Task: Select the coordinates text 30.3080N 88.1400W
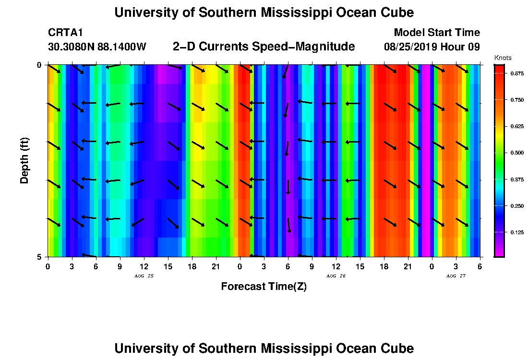coord(97,47)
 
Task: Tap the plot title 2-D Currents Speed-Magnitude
coord(264,47)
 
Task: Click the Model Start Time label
coord(436,33)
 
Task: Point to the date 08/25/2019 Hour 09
coord(432,47)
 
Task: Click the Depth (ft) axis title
coord(24,160)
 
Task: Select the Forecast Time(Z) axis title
coord(264,287)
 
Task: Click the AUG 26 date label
coord(336,276)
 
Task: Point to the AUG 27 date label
coord(456,276)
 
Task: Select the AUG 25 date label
coord(144,276)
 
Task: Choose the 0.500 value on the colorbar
coord(516,153)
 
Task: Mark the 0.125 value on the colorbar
coord(516,232)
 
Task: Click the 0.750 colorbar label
coord(516,100)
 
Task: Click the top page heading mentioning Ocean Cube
coord(264,12)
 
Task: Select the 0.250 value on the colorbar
coord(516,206)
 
